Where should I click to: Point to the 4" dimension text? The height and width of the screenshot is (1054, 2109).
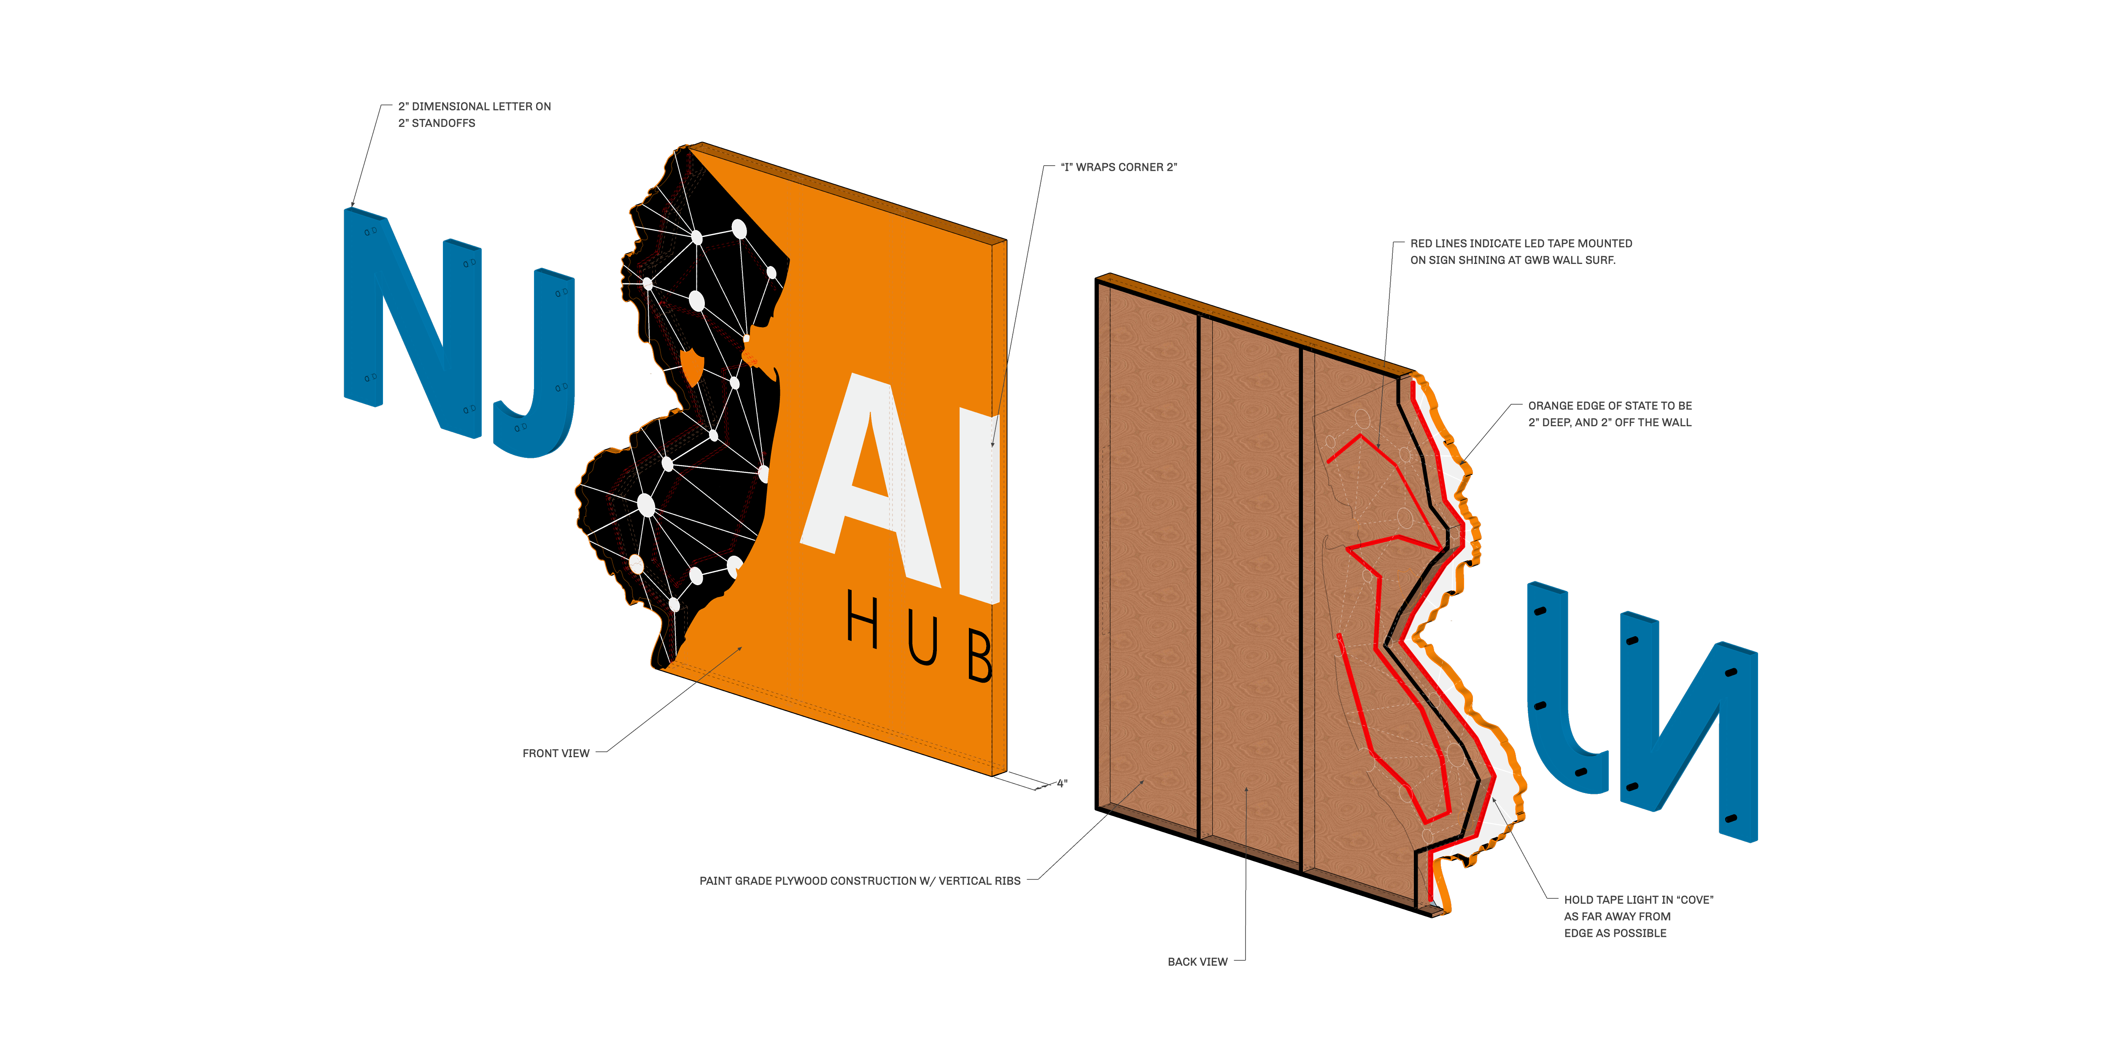tap(1062, 784)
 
